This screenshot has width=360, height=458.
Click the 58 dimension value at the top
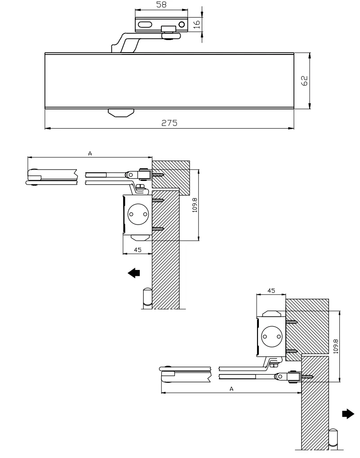coord(161,4)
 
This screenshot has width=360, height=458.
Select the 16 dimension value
coord(197,24)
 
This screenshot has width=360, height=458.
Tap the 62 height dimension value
coord(304,81)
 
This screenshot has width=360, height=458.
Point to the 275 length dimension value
coord(169,123)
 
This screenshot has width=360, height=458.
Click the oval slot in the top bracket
coord(145,25)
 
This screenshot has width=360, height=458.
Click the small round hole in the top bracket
coord(182,24)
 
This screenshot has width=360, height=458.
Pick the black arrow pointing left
coord(134,273)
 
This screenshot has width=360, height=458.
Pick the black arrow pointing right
coord(348,413)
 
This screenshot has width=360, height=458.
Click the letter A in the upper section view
coord(90,153)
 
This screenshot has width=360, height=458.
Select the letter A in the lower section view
coord(231,389)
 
